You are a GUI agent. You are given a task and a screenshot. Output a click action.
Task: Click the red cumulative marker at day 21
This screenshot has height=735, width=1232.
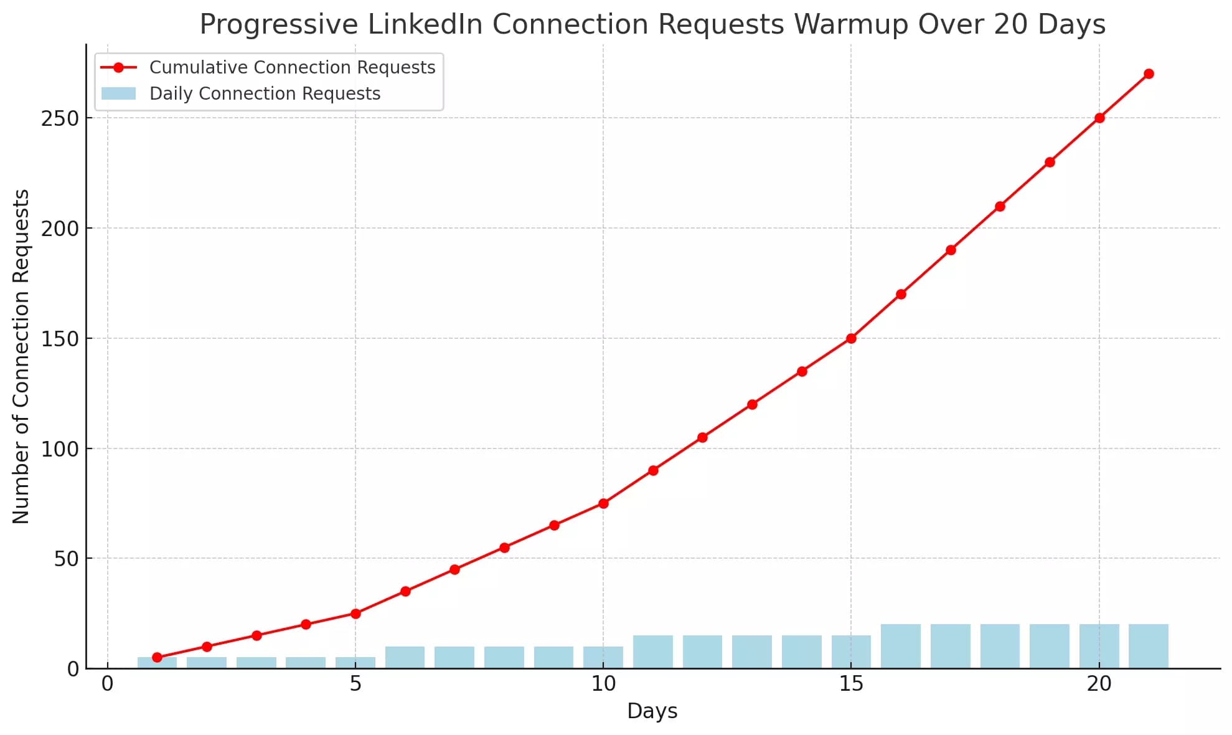click(1149, 73)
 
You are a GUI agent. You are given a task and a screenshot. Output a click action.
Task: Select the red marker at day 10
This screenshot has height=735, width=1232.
click(603, 503)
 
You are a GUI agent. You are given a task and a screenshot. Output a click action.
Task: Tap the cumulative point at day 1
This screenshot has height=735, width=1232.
click(157, 657)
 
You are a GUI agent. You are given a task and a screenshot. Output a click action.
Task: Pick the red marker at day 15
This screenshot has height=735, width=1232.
click(851, 338)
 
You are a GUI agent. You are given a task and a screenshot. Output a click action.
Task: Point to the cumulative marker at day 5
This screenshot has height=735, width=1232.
click(355, 614)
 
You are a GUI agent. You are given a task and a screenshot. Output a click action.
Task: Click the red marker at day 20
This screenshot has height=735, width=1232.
click(1099, 118)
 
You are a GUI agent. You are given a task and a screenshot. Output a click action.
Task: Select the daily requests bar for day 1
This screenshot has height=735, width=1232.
click(157, 663)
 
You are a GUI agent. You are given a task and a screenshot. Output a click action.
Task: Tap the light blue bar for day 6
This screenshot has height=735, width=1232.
click(405, 658)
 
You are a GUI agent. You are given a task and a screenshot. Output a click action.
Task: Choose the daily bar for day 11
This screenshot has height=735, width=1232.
click(652, 652)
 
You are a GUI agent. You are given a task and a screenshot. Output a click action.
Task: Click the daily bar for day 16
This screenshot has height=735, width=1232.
click(900, 647)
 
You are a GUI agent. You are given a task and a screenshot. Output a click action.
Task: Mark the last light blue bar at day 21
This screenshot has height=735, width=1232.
click(1149, 647)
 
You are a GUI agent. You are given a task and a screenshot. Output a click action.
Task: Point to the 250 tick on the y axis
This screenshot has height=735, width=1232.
click(60, 118)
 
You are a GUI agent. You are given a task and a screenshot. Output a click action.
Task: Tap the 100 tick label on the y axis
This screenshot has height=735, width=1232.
click(60, 449)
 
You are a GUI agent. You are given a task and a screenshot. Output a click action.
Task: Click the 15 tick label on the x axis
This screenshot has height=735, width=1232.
click(851, 684)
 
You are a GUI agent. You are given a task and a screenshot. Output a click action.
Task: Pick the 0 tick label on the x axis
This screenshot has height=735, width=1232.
click(108, 684)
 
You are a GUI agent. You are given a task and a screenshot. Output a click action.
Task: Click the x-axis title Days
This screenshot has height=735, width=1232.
click(652, 711)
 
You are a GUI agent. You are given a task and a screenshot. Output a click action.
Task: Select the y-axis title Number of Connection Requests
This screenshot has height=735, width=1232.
click(21, 356)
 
